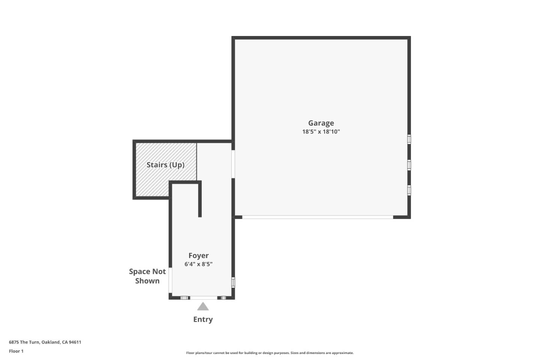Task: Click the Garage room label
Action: (x=321, y=123)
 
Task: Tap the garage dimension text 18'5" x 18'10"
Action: (x=321, y=132)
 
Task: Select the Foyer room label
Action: (x=198, y=255)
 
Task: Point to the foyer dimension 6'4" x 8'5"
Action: (x=198, y=264)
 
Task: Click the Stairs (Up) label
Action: (x=165, y=165)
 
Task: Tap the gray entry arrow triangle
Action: (x=203, y=307)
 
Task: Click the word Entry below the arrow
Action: (x=203, y=319)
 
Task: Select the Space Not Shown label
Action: (x=147, y=276)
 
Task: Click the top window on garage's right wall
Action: (x=409, y=139)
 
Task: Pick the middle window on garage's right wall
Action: (x=409, y=165)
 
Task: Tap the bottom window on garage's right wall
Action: (x=409, y=190)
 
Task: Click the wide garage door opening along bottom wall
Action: (x=318, y=217)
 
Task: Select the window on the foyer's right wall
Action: (x=233, y=282)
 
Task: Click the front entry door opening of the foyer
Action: (x=203, y=298)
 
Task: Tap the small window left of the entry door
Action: (x=184, y=298)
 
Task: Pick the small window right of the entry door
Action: (x=223, y=298)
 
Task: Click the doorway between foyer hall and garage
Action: (x=233, y=164)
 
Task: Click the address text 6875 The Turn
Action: (x=45, y=342)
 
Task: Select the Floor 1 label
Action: (x=16, y=351)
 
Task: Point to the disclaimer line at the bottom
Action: (x=270, y=353)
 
